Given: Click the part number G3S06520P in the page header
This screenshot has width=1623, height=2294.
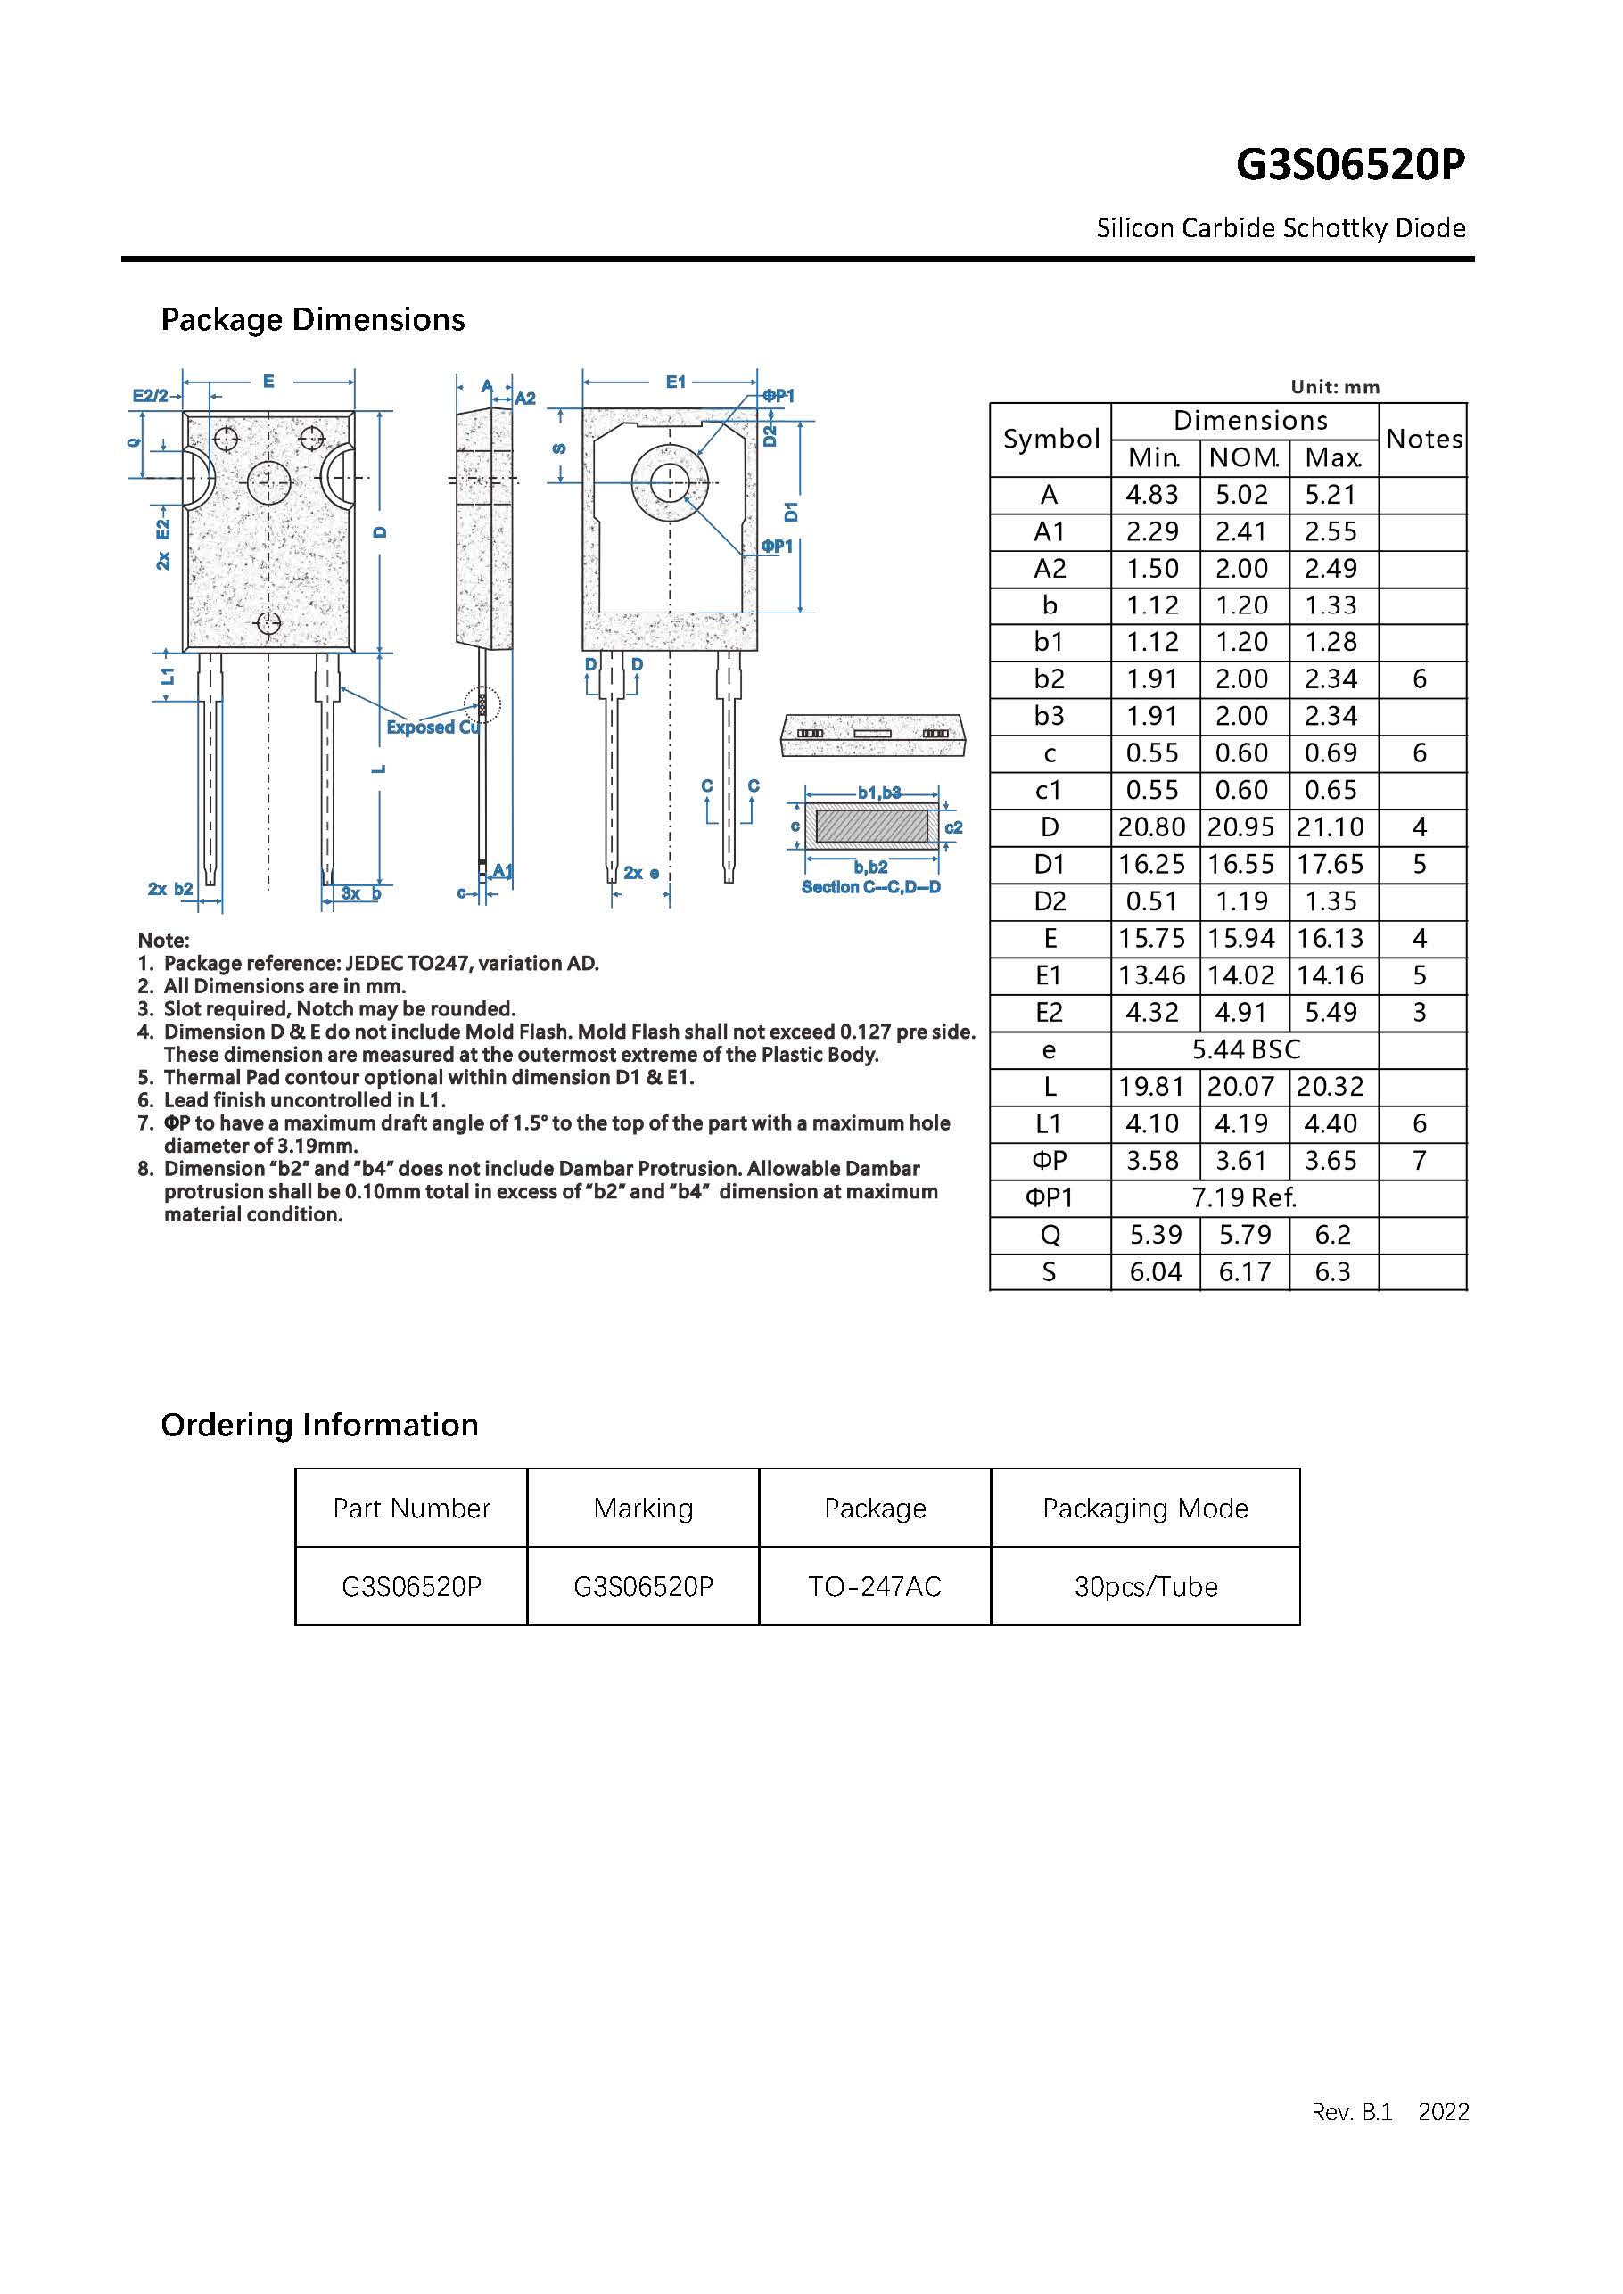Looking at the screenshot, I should tap(1350, 165).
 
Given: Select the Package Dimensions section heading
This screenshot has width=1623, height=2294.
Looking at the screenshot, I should tap(313, 320).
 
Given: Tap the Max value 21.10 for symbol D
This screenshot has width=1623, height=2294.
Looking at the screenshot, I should tap(1331, 827).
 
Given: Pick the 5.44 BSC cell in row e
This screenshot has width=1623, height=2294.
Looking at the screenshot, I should tap(1245, 1049).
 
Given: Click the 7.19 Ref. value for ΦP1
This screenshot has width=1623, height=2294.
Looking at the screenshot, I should tap(1243, 1197).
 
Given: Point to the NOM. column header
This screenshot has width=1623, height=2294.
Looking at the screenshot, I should tap(1243, 457).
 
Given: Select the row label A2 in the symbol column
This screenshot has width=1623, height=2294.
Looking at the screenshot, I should tap(1050, 569).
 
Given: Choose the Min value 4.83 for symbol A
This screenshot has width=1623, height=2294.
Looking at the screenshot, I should tap(1152, 495).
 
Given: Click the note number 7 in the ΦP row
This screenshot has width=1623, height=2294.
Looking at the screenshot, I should tap(1419, 1160).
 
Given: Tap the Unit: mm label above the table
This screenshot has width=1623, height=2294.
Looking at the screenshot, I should tap(1334, 387).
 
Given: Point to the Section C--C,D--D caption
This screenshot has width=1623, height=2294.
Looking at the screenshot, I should tap(870, 887).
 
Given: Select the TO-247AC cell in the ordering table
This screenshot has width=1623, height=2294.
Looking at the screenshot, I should tap(875, 1587).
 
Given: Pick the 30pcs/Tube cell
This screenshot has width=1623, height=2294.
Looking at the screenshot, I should tap(1145, 1587).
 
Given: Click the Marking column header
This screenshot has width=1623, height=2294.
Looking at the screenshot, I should tap(643, 1508).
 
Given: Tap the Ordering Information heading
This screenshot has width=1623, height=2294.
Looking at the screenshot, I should tap(320, 1425).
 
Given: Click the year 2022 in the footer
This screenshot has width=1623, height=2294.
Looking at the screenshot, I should tap(1443, 2111).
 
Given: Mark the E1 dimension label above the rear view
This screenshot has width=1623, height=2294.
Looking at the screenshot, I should tap(676, 382).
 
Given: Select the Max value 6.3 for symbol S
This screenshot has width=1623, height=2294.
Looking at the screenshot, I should tap(1332, 1272).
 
